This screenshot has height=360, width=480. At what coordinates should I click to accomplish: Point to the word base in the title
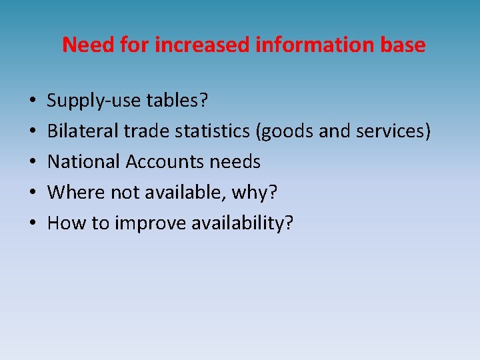coord(403,45)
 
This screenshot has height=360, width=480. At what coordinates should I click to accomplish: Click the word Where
coord(70,192)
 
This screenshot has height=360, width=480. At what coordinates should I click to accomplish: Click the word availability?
coord(243,223)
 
